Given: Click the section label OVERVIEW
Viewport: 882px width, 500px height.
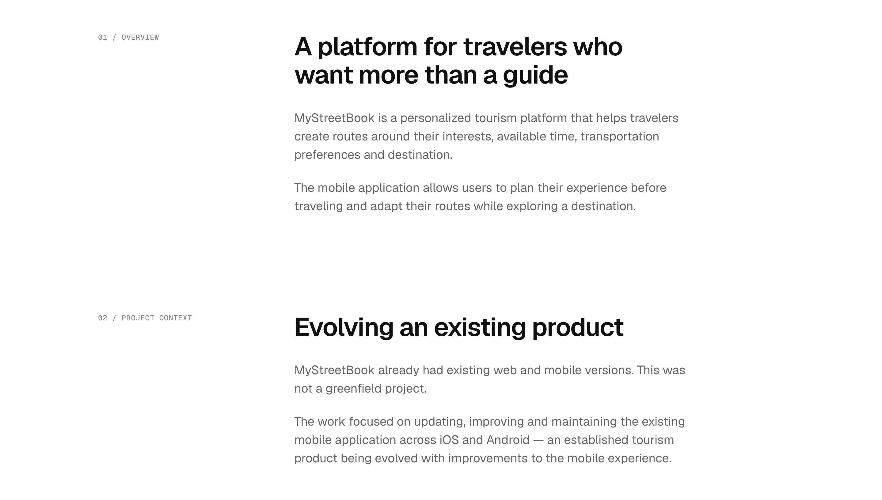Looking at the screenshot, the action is tap(140, 37).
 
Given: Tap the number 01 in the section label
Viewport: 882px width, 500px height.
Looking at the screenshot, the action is tap(102, 37).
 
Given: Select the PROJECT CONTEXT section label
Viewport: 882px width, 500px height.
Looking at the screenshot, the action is tap(157, 318).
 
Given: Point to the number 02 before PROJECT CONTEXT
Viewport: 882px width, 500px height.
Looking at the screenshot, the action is tap(102, 318).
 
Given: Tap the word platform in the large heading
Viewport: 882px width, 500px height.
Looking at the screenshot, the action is tap(367, 47).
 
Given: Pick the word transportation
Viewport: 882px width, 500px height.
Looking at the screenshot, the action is tap(620, 137).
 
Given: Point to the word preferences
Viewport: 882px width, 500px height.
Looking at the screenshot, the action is tap(327, 155).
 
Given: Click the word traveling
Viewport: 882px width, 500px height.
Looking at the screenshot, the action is tap(319, 206).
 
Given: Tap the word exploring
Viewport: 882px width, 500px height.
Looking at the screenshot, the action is tap(532, 206).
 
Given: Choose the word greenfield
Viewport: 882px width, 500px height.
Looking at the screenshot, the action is tap(353, 389).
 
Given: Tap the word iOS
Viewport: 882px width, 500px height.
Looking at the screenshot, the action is tap(449, 440).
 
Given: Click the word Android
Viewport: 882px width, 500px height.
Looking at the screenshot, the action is tap(508, 440).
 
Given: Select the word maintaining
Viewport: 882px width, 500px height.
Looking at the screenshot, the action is tap(584, 422).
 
